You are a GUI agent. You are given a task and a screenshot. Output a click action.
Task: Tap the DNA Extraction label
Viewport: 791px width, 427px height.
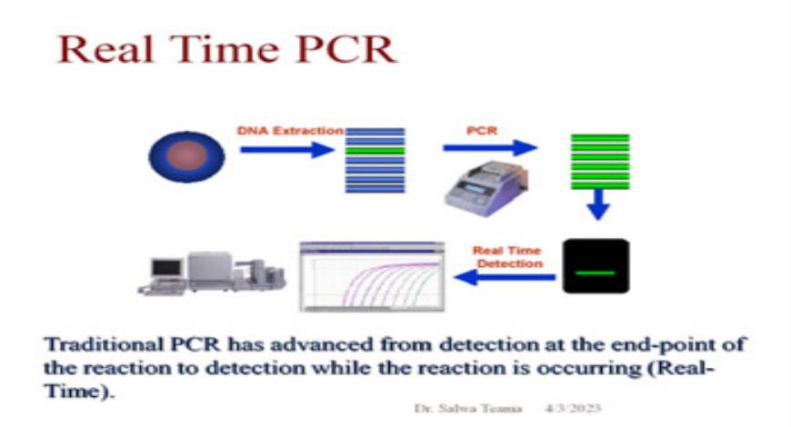point(290,131)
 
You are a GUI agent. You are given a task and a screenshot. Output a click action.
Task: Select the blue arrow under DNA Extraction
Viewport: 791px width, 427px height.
point(287,149)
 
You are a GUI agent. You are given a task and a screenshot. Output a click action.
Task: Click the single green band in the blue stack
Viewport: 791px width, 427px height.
point(374,150)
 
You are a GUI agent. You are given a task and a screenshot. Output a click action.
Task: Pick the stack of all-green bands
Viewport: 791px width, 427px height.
point(599,163)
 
